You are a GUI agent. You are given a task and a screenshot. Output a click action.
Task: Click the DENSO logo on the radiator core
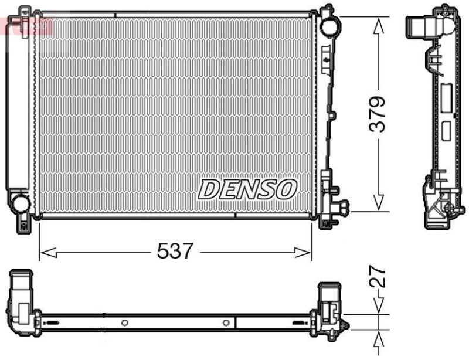click(247, 189)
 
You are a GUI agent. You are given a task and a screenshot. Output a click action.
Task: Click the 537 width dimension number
click(175, 252)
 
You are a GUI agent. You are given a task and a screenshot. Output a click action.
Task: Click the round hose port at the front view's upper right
click(329, 25)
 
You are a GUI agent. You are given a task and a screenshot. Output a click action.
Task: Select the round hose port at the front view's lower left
click(21, 203)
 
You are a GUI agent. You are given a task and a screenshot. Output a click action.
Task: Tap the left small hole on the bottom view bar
click(124, 322)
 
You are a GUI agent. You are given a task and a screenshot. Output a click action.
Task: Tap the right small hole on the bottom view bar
click(226, 322)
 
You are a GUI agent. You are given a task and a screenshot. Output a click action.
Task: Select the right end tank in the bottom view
click(329, 305)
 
